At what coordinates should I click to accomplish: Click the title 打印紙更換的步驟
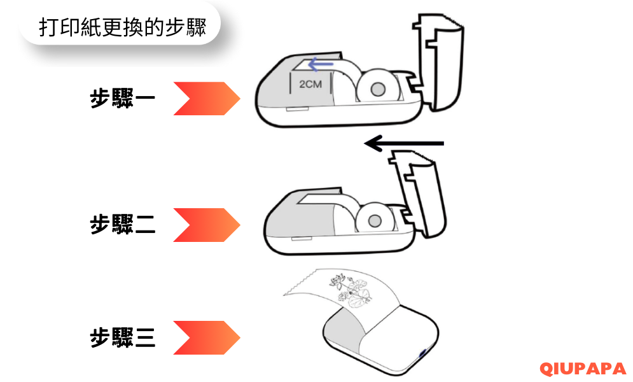(x=122, y=27)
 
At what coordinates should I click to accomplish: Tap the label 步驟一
(x=122, y=98)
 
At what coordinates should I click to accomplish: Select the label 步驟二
(x=122, y=224)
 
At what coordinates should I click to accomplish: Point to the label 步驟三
(x=122, y=337)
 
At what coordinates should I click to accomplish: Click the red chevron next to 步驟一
(x=207, y=99)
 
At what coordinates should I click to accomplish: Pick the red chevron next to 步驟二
(x=207, y=225)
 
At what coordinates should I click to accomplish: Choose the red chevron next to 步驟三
(x=207, y=337)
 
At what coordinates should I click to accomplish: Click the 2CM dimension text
(x=310, y=85)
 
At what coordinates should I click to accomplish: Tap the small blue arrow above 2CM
(x=321, y=64)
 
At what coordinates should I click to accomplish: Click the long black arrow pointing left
(x=404, y=143)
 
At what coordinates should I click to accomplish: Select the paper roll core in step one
(x=378, y=89)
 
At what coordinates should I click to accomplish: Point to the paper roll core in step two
(x=375, y=221)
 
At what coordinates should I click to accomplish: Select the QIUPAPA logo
(x=582, y=369)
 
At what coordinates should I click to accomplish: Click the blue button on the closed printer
(x=424, y=353)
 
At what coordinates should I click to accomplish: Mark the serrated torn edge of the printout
(x=299, y=282)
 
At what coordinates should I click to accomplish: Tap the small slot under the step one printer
(x=298, y=109)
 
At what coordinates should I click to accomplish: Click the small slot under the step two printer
(x=302, y=239)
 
